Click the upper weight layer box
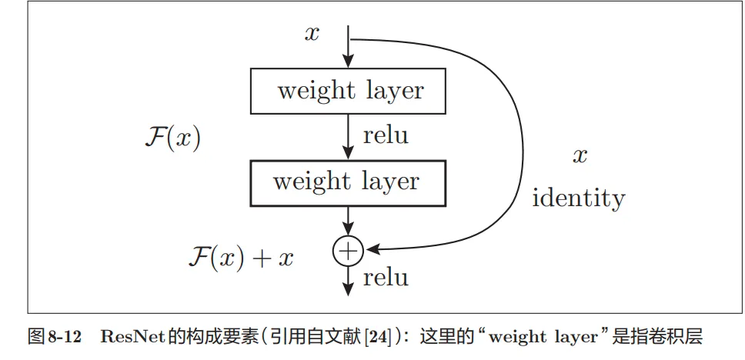[348, 90]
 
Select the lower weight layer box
[348, 182]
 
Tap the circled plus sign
[348, 250]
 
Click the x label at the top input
[311, 34]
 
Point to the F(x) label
[172, 139]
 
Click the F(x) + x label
[241, 257]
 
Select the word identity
[579, 198]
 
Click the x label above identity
[580, 156]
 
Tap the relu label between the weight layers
[385, 136]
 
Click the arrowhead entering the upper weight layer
[348, 62]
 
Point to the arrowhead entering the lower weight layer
[348, 154]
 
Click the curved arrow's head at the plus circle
[372, 249]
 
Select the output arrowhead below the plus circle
[348, 288]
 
